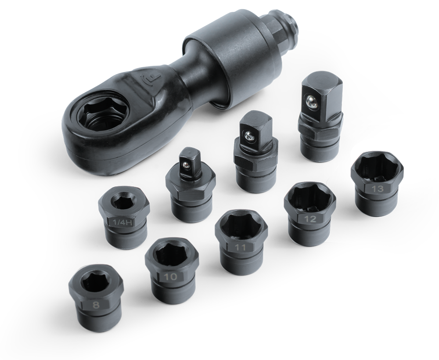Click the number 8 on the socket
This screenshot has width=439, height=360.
[x=96, y=305]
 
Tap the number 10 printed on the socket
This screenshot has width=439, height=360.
[x=170, y=277]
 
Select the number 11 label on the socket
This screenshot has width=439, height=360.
[x=240, y=248]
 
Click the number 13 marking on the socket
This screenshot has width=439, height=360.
[x=378, y=189]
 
